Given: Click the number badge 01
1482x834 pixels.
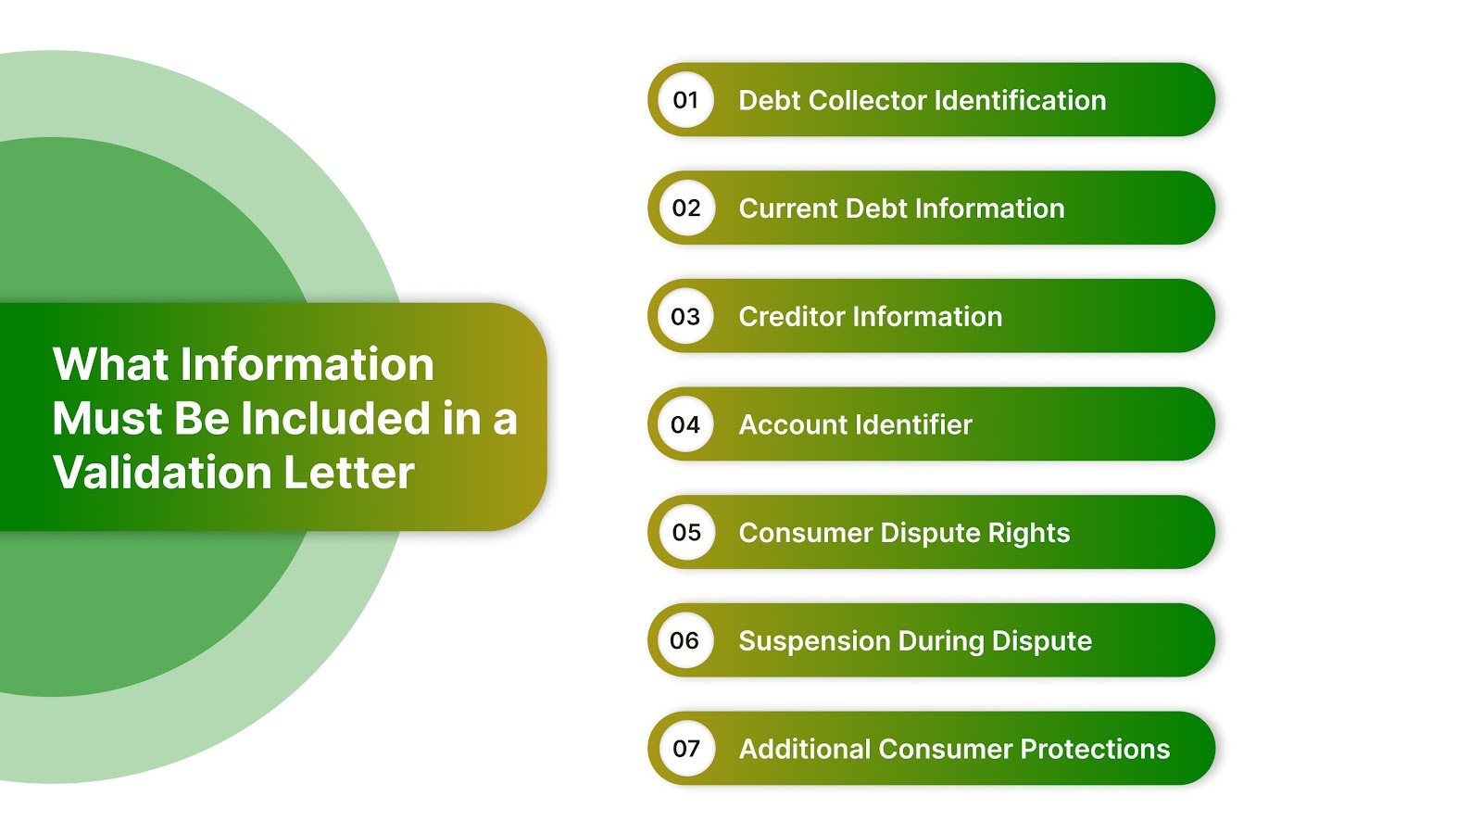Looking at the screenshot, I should click(x=685, y=100).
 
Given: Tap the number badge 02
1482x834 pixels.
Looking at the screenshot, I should click(x=685, y=208).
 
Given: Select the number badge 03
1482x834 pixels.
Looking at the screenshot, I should click(x=685, y=317).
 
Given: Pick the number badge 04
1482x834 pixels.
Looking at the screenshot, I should click(x=685, y=425).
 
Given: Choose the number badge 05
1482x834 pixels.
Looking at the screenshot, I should click(x=685, y=533).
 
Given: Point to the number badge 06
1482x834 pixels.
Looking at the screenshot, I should click(x=685, y=641).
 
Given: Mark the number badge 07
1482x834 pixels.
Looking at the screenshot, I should click(x=685, y=749).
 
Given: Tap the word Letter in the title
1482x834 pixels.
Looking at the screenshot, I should click(x=349, y=473).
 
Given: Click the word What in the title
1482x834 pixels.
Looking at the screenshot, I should click(x=111, y=364).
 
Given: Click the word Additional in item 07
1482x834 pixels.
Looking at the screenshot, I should click(x=804, y=749).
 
